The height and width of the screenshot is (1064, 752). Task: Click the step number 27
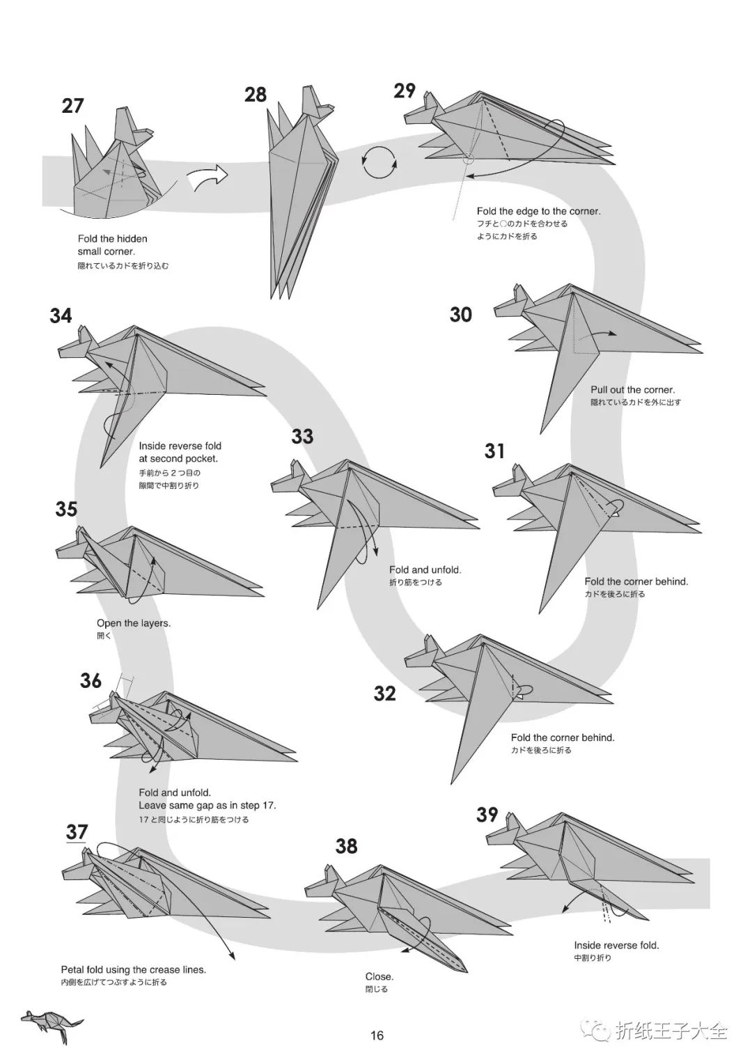click(x=72, y=106)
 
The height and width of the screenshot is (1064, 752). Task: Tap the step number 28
click(x=256, y=94)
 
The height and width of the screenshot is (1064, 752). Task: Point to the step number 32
click(x=385, y=694)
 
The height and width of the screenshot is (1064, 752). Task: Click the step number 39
click(x=487, y=814)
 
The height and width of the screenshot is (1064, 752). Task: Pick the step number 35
click(x=66, y=509)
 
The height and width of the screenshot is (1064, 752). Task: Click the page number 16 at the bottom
click(x=377, y=1035)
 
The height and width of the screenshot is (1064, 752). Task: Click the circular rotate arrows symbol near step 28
click(x=379, y=164)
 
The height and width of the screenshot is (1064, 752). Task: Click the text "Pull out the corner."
click(x=632, y=390)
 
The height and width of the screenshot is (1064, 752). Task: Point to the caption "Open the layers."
click(x=134, y=623)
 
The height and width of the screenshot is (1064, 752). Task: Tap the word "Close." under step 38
click(x=379, y=976)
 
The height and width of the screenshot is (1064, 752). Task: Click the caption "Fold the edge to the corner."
click(x=538, y=211)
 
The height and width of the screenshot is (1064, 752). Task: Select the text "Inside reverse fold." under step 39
click(x=616, y=945)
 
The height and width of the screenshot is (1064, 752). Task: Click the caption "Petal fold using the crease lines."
click(x=134, y=969)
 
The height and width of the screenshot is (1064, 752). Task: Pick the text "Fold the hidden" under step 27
click(x=113, y=239)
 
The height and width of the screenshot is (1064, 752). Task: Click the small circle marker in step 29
click(x=468, y=159)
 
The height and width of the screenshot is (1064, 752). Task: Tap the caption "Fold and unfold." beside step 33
click(x=425, y=570)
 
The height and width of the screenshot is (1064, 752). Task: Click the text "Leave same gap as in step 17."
click(x=207, y=806)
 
